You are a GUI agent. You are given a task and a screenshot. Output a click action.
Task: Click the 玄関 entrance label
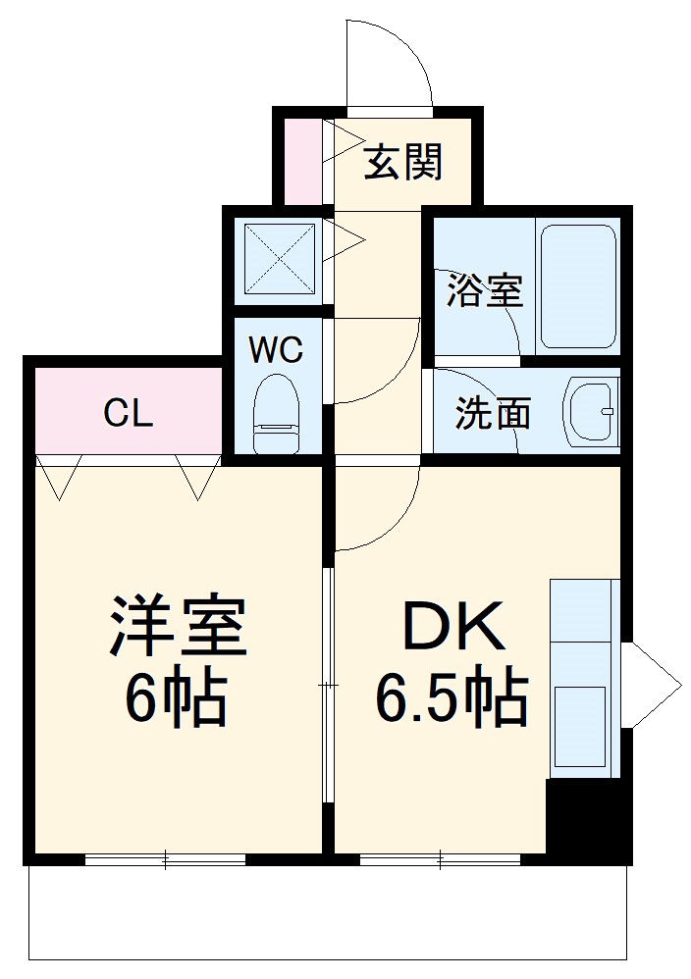[x=403, y=162]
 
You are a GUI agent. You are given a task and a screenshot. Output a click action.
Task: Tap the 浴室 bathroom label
[x=484, y=291]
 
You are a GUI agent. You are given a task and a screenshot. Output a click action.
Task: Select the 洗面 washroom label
[x=492, y=413]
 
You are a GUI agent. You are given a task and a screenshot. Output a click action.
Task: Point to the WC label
[x=276, y=350]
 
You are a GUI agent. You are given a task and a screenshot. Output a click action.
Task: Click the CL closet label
[x=129, y=414]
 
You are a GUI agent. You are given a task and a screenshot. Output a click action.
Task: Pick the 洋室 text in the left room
[x=177, y=627]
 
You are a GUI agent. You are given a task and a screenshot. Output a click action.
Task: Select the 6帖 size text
[x=177, y=697]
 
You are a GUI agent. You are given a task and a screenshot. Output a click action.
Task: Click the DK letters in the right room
[x=453, y=627]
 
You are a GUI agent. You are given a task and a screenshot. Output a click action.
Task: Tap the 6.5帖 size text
[x=453, y=697]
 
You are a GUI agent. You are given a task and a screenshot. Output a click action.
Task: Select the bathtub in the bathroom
[x=577, y=286]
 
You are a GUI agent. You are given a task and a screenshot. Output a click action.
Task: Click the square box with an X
[x=279, y=259]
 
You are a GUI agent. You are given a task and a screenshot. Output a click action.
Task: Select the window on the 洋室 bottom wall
[x=165, y=860]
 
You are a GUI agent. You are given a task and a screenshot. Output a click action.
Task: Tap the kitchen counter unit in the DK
[x=584, y=677]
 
